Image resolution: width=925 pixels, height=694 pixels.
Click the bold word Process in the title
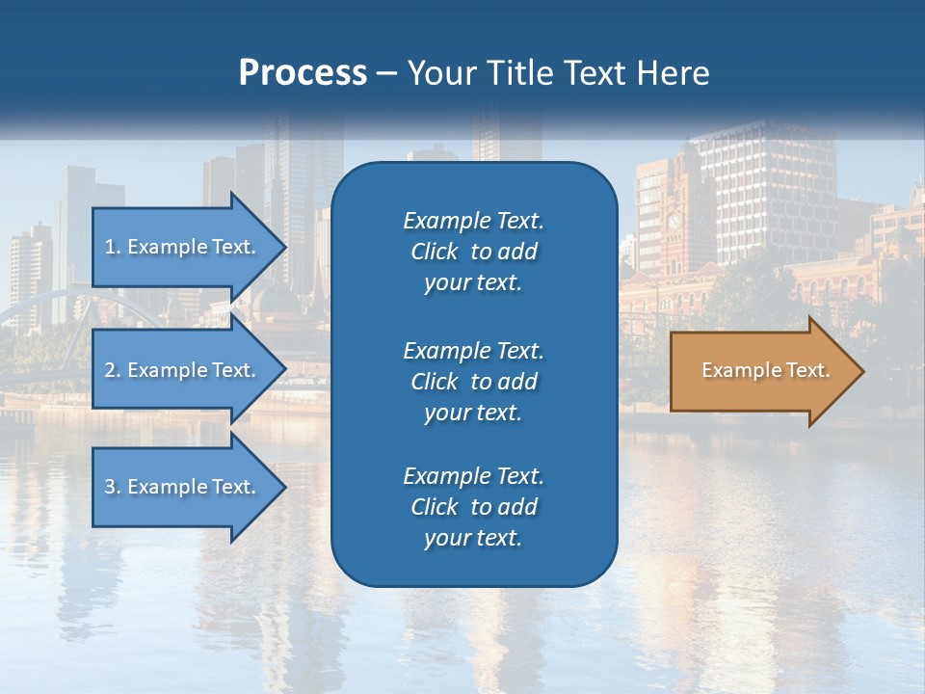tap(303, 73)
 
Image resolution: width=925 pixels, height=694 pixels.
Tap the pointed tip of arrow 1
tap(283, 247)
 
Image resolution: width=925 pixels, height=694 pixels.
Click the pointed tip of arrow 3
tap(283, 487)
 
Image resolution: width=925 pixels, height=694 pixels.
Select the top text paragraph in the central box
tap(473, 252)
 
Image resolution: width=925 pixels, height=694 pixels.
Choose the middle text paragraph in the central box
tap(473, 381)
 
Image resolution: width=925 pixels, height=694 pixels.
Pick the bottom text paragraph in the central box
tap(473, 507)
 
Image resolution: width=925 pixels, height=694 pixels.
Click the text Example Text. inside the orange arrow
tap(765, 370)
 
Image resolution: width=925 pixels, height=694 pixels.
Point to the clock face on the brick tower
tap(674, 220)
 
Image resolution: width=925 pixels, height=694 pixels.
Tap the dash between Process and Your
tap(386, 74)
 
